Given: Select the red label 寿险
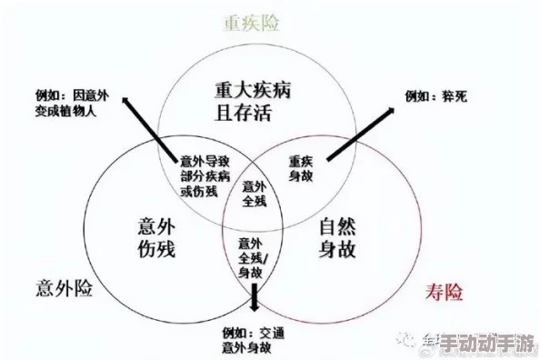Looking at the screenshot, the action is coord(444,292).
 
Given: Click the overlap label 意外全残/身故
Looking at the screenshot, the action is coord(253,255).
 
